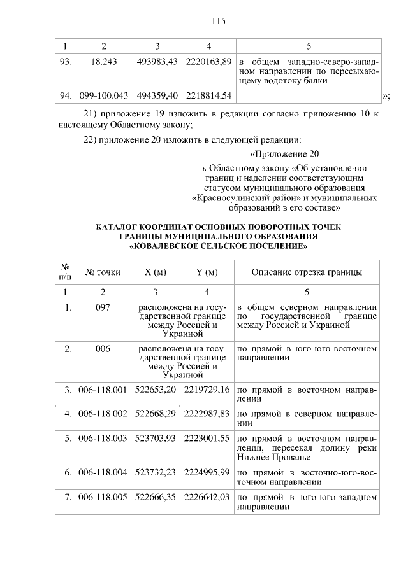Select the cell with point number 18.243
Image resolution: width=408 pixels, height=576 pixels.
coord(105,62)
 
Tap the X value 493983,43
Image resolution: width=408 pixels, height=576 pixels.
coord(157,62)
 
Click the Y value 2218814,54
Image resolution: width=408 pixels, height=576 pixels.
coord(208,95)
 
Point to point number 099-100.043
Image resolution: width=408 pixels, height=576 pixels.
coord(104,95)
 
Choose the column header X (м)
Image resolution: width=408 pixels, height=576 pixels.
coord(156,272)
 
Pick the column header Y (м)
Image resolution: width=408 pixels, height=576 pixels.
coord(207,272)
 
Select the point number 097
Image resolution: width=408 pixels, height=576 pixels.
coord(103,307)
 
